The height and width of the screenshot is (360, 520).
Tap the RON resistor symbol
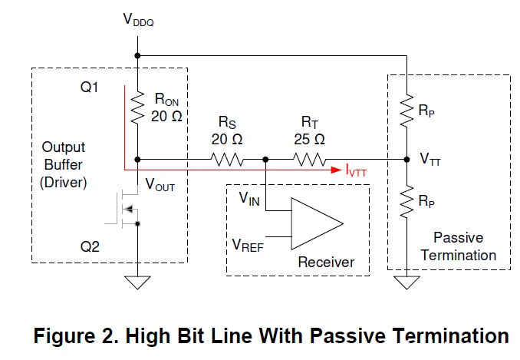tap(137, 107)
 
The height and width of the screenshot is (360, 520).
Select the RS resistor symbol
tap(228, 160)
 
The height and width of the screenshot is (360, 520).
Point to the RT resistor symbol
tap(309, 160)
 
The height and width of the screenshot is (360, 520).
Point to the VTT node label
tap(430, 161)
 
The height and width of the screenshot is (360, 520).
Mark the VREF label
tap(248, 245)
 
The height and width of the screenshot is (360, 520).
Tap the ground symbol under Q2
tap(137, 282)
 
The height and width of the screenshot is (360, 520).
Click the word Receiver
tap(327, 263)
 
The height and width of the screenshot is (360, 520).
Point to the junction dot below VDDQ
tap(137, 55)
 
